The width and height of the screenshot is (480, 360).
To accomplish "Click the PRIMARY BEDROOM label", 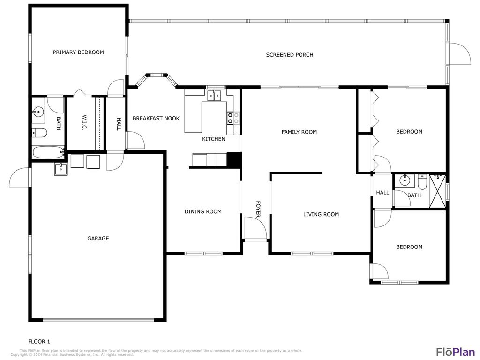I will click(78, 52).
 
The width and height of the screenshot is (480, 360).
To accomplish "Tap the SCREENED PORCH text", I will click(290, 55).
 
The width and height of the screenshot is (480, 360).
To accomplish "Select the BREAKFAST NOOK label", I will click(156, 119).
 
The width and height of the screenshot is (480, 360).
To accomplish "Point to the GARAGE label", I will click(98, 239).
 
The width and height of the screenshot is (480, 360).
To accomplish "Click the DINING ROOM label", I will click(203, 212).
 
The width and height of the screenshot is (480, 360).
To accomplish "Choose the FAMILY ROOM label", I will click(299, 132).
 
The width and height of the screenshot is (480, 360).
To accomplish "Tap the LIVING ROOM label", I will click(321, 215).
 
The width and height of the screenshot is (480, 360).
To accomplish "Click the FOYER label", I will click(258, 209).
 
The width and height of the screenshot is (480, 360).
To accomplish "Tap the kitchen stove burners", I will click(233, 118).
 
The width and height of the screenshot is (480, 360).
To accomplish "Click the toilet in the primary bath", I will click(39, 133).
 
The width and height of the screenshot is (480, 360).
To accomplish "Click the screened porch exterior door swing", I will click(460, 52).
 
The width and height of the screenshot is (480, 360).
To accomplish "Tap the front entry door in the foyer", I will click(255, 229).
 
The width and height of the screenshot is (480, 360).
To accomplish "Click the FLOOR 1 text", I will click(39, 341).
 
